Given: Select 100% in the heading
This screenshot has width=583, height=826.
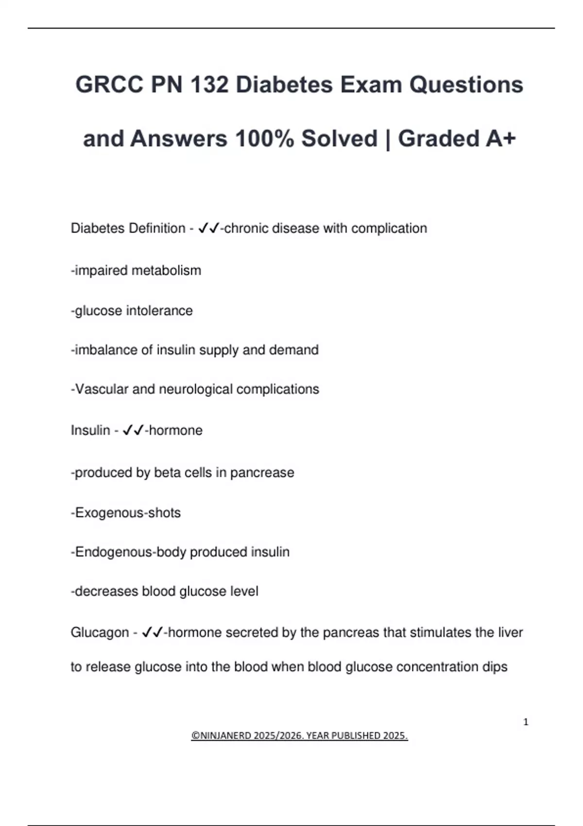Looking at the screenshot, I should tap(264, 138).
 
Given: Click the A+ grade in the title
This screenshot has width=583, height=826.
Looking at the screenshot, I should tap(501, 138).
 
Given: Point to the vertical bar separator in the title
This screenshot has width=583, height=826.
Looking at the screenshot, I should tap(388, 139).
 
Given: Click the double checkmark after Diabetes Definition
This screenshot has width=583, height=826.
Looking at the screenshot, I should tap(209, 228).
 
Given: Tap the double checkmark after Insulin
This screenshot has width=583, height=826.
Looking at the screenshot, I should tap(133, 430).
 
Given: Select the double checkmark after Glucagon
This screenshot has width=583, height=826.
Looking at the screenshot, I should tap(153, 633).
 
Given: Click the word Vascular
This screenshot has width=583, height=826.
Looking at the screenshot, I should tap(102, 389).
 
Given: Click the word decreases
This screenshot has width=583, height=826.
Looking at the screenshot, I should tap(106, 591).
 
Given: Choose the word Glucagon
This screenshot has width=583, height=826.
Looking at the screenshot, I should tap(100, 633).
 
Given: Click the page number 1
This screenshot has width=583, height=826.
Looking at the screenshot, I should tap(526, 722).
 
